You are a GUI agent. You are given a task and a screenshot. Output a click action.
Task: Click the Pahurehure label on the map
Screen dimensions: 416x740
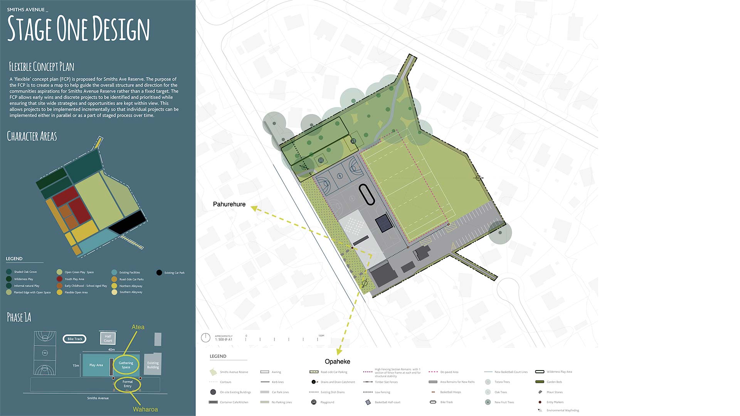point(229,204)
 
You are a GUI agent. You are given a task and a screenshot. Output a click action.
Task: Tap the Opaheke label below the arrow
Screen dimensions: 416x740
point(337,361)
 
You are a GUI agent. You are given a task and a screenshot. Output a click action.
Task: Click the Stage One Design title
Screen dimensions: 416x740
point(78,29)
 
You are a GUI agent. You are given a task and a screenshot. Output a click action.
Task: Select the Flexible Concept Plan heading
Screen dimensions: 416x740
point(42,67)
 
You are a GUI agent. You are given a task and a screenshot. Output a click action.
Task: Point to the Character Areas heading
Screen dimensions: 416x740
point(32,136)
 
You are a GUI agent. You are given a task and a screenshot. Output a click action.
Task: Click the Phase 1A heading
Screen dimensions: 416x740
point(19,317)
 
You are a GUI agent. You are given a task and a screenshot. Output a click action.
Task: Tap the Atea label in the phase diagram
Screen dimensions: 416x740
point(138,327)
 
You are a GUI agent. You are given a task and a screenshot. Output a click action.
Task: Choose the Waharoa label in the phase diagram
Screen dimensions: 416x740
point(145,409)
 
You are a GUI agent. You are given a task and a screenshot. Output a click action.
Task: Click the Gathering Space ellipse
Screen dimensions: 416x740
point(126,365)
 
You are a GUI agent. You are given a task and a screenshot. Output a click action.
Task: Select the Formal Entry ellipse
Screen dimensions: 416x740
point(128,384)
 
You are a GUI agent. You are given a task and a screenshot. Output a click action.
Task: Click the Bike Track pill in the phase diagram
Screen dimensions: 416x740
point(75,339)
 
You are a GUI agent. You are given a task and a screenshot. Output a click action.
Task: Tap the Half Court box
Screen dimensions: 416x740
point(108,339)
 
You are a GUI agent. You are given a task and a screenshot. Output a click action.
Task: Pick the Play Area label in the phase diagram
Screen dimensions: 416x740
point(96,365)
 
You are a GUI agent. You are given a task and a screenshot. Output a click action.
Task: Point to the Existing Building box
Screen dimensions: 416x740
point(153,365)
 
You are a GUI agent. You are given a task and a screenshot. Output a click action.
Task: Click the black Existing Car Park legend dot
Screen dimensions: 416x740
point(159,273)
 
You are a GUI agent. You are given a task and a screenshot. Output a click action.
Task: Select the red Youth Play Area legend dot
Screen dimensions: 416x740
point(59,279)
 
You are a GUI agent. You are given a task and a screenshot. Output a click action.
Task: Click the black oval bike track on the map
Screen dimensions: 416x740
point(367,195)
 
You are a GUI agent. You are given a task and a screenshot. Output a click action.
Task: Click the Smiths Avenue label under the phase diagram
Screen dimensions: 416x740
point(98,398)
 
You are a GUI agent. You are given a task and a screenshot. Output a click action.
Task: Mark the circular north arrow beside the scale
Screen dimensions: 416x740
point(206,338)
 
